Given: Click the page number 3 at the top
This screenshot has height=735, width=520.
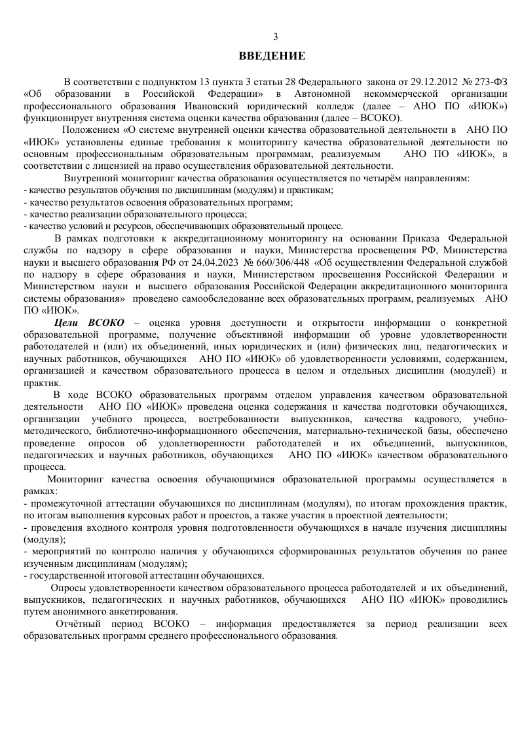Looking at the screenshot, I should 275,37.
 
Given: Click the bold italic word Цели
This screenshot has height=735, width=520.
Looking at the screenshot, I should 67,323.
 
